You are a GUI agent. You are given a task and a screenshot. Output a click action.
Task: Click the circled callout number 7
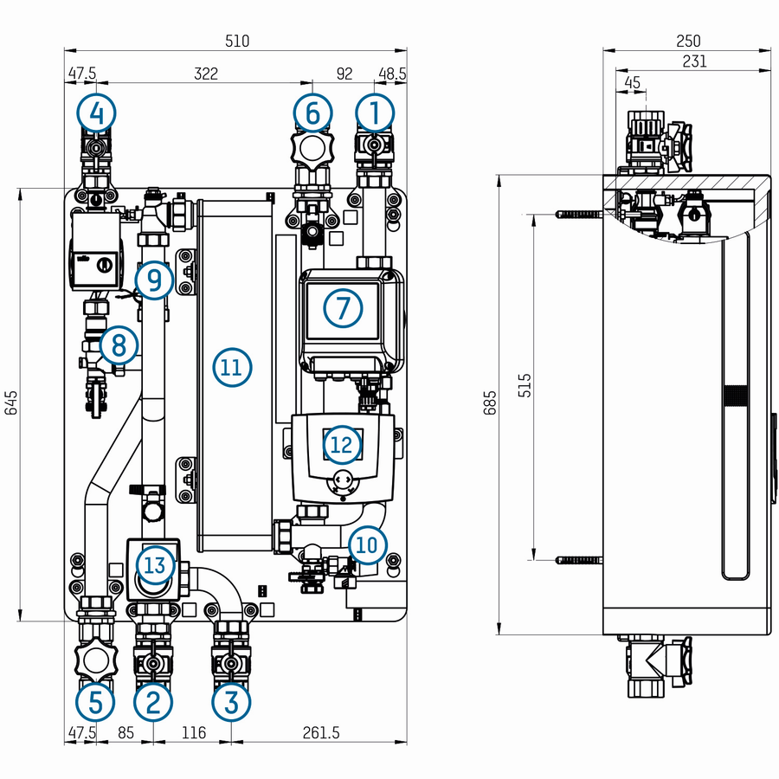[344, 308]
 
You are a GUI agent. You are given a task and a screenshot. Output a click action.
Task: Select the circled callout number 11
[232, 368]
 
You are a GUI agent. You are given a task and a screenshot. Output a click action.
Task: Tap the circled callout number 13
[156, 565]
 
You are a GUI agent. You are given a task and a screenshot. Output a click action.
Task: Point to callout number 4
[96, 113]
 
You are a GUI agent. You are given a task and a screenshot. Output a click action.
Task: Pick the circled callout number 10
[368, 545]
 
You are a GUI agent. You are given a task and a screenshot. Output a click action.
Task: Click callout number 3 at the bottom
[231, 703]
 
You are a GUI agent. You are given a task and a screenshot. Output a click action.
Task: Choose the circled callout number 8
[119, 344]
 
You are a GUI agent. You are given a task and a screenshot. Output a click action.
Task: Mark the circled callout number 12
[342, 444]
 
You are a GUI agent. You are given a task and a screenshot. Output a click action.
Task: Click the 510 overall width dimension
[237, 41]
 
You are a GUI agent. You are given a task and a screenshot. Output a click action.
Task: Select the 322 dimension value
[206, 74]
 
